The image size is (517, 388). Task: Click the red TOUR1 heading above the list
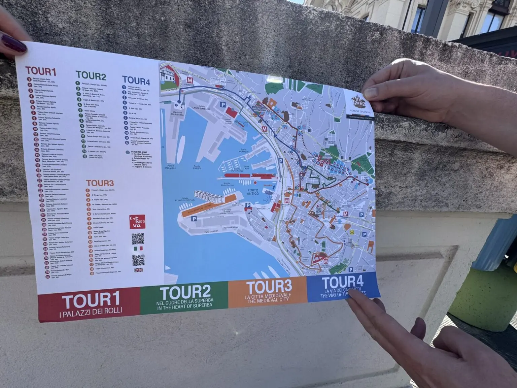pos(41,71)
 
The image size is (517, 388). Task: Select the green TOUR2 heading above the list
pos(91,76)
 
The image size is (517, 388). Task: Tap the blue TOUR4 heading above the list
pos(136,80)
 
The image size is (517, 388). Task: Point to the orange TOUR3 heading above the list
pos(100,184)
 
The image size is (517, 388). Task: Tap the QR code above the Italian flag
pos(138,238)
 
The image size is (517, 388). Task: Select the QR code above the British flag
pos(138,260)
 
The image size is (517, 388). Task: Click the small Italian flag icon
pos(138,248)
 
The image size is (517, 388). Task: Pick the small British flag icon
pos(138,270)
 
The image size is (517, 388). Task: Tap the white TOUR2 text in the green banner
pos(185,292)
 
